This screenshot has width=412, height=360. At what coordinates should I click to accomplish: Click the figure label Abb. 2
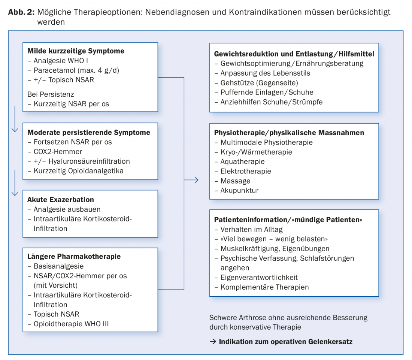click(22, 12)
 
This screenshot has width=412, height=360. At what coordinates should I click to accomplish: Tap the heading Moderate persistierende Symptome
click(89, 132)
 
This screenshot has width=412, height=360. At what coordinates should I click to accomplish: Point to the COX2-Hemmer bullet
click(58, 152)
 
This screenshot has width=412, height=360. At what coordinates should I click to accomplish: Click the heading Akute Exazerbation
click(61, 200)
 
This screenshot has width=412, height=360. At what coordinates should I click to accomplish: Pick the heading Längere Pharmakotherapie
click(74, 257)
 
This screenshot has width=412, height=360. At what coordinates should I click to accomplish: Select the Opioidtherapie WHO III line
click(71, 324)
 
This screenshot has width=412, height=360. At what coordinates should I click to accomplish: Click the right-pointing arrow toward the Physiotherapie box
click(191, 180)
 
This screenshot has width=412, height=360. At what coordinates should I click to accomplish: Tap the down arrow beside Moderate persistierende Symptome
click(15, 119)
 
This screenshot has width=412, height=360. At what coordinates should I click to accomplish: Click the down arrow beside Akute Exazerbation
click(15, 183)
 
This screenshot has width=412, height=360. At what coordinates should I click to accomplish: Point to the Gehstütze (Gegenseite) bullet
click(259, 82)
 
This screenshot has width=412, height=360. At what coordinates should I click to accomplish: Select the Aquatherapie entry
click(242, 161)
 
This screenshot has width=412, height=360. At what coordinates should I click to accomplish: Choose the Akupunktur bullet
click(239, 190)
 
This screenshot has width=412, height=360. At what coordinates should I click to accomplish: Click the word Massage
click(235, 181)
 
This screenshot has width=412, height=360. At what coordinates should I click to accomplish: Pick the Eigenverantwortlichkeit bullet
click(259, 278)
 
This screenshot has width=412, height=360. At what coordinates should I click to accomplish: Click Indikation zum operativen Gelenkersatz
click(285, 342)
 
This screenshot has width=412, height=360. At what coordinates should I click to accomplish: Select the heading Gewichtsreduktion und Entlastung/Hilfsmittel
click(294, 54)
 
